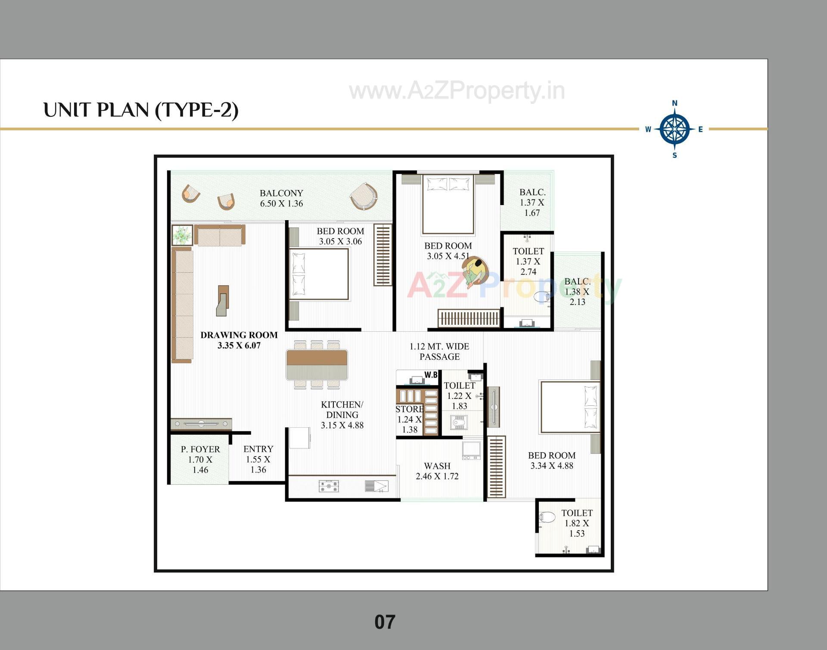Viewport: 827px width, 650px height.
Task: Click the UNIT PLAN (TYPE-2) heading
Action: click(x=141, y=110)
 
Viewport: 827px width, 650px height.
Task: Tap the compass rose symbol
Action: click(x=675, y=129)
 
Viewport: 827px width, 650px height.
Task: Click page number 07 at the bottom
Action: click(x=385, y=622)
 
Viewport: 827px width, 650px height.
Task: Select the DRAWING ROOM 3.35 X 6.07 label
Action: click(x=239, y=340)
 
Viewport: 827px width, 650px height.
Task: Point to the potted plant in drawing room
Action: click(x=182, y=235)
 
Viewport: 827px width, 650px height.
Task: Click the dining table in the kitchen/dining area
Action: click(x=317, y=364)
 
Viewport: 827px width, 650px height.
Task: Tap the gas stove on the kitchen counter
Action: click(x=329, y=486)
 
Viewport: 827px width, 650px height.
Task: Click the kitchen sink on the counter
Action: click(x=376, y=486)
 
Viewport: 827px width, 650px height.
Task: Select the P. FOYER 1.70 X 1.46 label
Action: click(x=200, y=459)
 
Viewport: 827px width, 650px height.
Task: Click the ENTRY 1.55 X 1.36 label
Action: click(x=258, y=459)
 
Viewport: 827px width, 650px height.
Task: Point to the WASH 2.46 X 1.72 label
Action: click(x=437, y=471)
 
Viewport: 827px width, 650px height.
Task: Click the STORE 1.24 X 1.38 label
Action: click(x=409, y=419)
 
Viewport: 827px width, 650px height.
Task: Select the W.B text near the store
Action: click(x=431, y=375)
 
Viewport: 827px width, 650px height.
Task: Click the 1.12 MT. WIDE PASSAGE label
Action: click(x=439, y=351)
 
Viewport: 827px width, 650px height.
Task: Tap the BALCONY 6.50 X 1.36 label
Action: click(x=281, y=198)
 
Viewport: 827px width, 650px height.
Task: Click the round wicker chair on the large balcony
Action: click(x=364, y=196)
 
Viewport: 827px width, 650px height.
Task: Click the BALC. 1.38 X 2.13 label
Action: click(x=577, y=292)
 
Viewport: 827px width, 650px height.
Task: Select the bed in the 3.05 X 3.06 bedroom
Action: click(x=319, y=274)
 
